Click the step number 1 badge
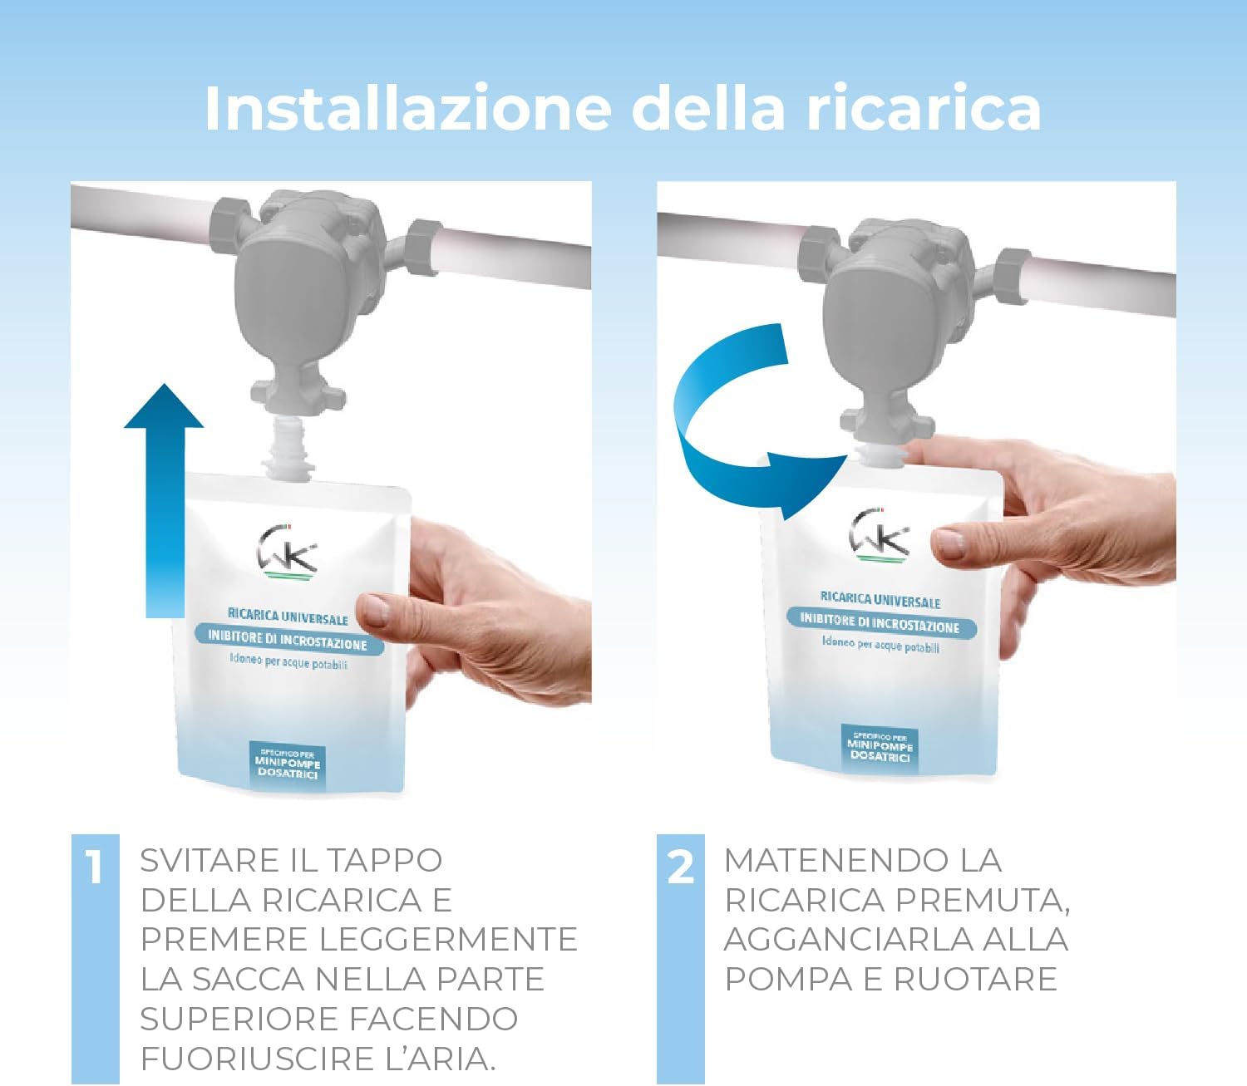(x=95, y=867)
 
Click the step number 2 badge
(x=680, y=867)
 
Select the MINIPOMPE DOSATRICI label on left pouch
(x=288, y=765)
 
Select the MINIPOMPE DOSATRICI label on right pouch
(x=880, y=748)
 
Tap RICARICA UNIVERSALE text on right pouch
(x=880, y=600)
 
